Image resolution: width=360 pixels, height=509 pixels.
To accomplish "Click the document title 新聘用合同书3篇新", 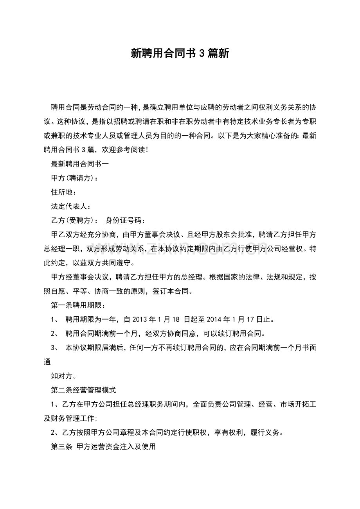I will (180, 54).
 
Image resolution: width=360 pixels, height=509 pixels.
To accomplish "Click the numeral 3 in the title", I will (202, 54).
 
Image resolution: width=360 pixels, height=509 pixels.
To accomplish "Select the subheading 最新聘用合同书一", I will (80, 164).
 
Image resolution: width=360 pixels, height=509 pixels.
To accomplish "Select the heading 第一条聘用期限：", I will (78, 305).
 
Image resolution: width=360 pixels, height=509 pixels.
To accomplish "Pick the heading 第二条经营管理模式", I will (83, 390).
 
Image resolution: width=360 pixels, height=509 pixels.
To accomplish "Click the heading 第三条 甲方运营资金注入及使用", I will (103, 447).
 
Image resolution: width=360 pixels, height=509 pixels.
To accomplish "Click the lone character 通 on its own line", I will (47, 362).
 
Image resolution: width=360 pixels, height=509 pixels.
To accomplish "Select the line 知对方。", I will (64, 376).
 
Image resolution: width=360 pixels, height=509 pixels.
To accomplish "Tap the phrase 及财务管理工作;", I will (70, 419).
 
